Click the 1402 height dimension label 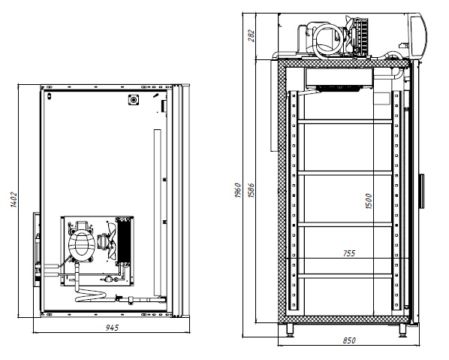pyautogui.click(x=14, y=199)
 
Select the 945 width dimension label pyautogui.click(x=112, y=328)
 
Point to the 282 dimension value pyautogui.click(x=251, y=35)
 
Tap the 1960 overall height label pyautogui.click(x=238, y=190)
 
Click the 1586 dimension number pyautogui.click(x=251, y=190)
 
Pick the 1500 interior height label pyautogui.click(x=369, y=201)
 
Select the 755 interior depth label pyautogui.click(x=349, y=253)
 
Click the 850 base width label pyautogui.click(x=349, y=340)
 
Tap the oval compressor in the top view pyautogui.click(x=82, y=244)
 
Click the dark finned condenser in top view pyautogui.click(x=124, y=241)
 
